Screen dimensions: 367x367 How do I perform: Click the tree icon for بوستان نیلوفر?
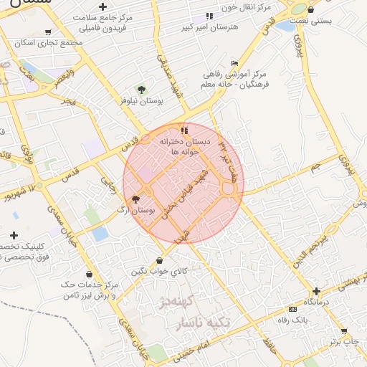click(141, 90)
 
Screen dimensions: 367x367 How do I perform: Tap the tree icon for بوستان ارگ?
click(136, 200)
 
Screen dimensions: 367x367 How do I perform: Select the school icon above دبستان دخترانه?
click(185, 130)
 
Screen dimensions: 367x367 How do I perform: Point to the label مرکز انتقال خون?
click(240, 6)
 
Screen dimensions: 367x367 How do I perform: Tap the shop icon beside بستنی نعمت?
click(310, 10)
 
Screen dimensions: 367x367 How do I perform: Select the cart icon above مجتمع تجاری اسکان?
click(47, 32)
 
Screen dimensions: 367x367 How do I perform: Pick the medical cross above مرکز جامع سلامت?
click(103, 7)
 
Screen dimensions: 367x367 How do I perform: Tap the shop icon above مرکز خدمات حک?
click(89, 274)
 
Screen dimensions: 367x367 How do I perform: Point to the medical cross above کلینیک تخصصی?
click(14, 235)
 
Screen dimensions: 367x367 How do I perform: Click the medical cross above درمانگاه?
click(316, 291)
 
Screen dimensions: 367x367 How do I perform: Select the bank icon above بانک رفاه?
click(292, 308)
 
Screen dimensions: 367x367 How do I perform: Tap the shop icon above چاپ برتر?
click(344, 331)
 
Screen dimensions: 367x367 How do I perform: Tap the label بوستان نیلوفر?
click(140, 101)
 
